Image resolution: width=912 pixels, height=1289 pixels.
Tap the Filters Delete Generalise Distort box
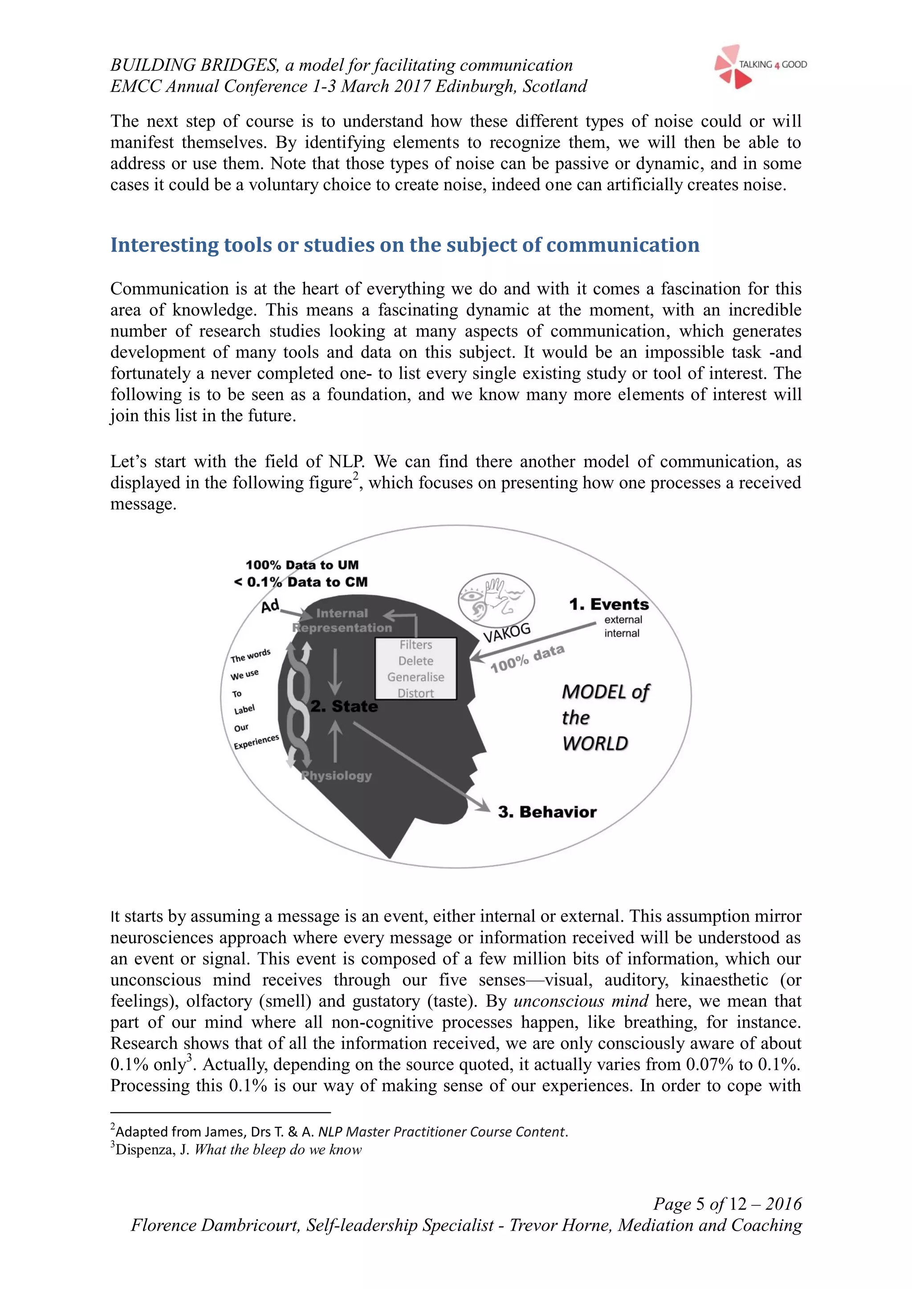(x=415, y=669)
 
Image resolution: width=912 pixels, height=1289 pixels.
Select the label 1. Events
(x=609, y=605)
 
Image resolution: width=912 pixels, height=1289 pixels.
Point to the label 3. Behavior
(x=547, y=813)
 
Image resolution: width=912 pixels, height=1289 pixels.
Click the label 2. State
(x=344, y=706)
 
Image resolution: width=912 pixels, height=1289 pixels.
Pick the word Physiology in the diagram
(x=336, y=776)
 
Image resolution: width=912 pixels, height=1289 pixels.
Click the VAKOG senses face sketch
(x=496, y=600)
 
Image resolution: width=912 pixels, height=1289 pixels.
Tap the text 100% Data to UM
(x=302, y=565)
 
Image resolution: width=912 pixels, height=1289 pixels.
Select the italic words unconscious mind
(x=581, y=1001)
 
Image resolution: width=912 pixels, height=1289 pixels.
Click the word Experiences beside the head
(x=256, y=742)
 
